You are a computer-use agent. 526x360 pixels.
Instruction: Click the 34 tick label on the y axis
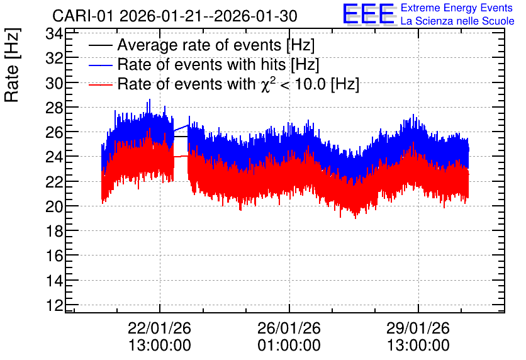pos(54,33)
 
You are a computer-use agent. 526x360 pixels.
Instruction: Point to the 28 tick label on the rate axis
pos(54,108)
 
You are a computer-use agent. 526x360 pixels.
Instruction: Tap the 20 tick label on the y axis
pos(54,206)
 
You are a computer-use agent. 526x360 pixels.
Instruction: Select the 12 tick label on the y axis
pos(54,305)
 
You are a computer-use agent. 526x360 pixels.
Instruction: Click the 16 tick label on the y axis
pos(54,256)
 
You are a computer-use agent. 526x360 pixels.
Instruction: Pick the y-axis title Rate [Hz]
pos(12,65)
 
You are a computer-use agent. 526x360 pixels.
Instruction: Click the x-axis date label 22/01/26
pos(159,328)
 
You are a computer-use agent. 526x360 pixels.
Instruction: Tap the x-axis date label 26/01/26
pos(289,328)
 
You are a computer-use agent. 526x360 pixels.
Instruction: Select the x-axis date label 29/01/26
pos(418,328)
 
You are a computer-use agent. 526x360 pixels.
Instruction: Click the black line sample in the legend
pos(100,45)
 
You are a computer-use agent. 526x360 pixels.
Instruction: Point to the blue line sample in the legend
pos(100,65)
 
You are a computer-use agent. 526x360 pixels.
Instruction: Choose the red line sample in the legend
pos(100,85)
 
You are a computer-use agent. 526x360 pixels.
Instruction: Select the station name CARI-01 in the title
pos(84,16)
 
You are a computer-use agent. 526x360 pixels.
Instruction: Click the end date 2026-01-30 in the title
pos(255,16)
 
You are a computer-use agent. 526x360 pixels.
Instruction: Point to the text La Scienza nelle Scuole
pos(457,21)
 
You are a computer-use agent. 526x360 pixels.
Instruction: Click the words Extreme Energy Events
pos(457,8)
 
